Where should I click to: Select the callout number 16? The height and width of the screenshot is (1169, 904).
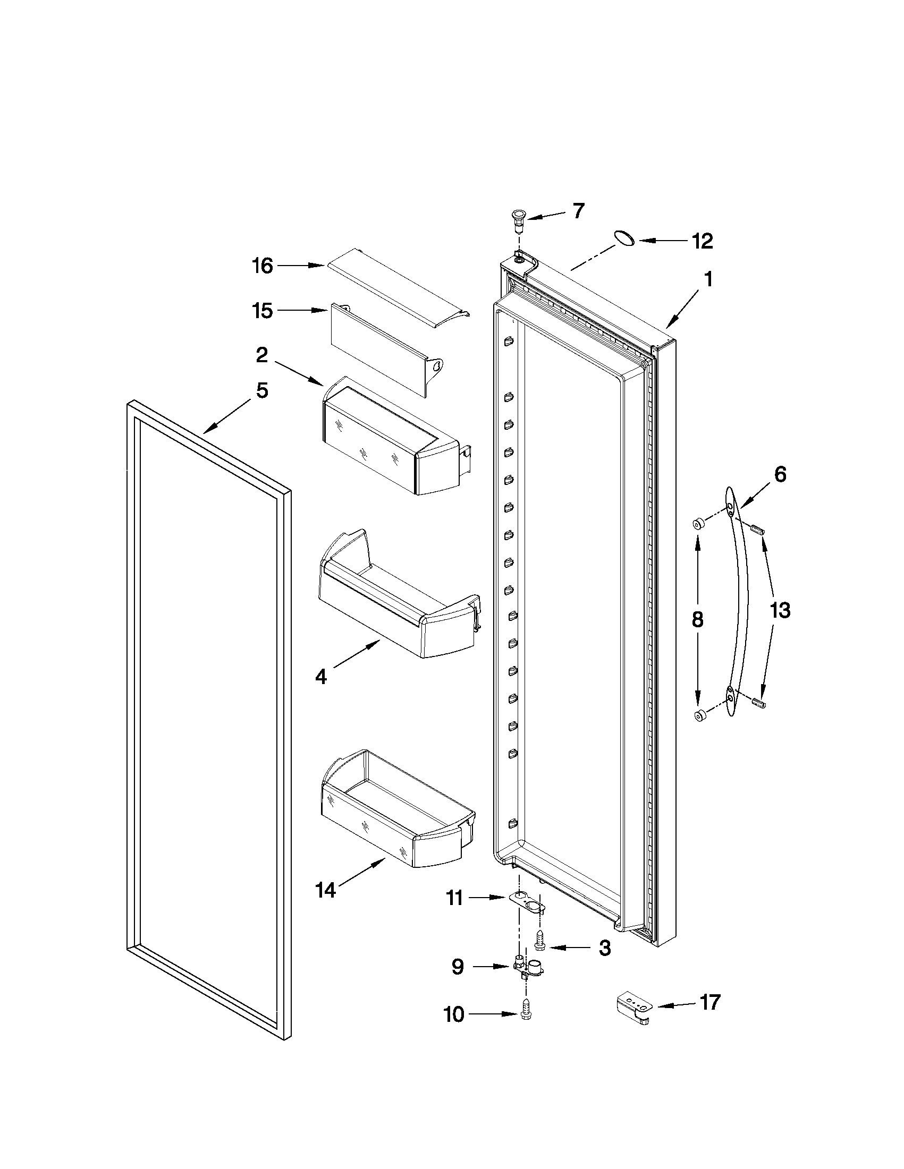click(263, 266)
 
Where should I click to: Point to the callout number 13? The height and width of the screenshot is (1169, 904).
click(780, 610)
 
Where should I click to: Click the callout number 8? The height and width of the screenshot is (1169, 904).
click(697, 619)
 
